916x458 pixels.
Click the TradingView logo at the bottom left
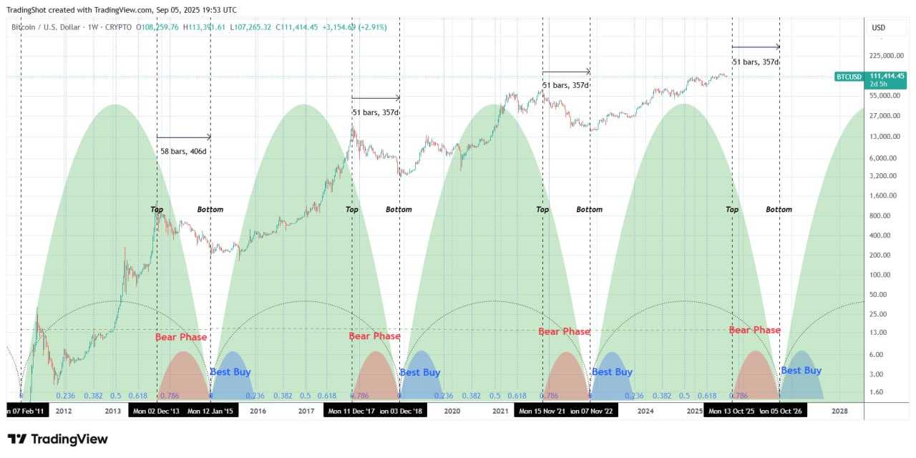click(x=57, y=439)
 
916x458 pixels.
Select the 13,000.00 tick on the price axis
click(x=886, y=136)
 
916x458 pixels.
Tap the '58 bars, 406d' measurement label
click(x=183, y=152)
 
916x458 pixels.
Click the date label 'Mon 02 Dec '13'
click(x=155, y=411)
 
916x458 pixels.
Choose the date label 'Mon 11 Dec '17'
click(x=351, y=411)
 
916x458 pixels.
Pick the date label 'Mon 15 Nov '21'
click(x=542, y=411)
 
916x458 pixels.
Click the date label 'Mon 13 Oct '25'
click(x=731, y=411)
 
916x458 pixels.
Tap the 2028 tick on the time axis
click(x=840, y=411)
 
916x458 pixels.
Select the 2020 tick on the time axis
click(x=452, y=411)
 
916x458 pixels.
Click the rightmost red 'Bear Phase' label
click(x=754, y=330)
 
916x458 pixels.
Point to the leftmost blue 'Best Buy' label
click(x=230, y=372)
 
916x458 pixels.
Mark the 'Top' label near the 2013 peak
click(x=157, y=210)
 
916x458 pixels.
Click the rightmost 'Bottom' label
click(x=779, y=210)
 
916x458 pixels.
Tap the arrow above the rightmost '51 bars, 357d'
click(x=756, y=47)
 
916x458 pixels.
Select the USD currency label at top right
click(x=878, y=28)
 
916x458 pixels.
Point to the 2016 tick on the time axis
click(x=258, y=411)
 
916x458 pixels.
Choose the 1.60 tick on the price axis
click(x=880, y=391)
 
